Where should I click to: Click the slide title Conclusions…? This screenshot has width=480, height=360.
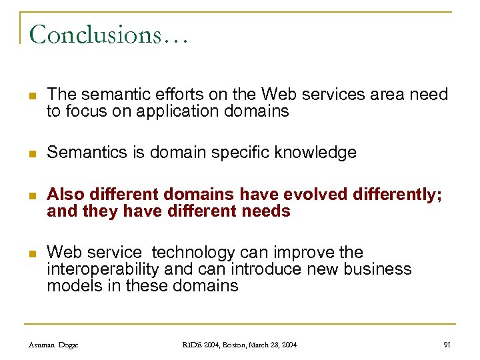pos(109,34)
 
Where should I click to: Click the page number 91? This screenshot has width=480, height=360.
pos(447,345)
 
